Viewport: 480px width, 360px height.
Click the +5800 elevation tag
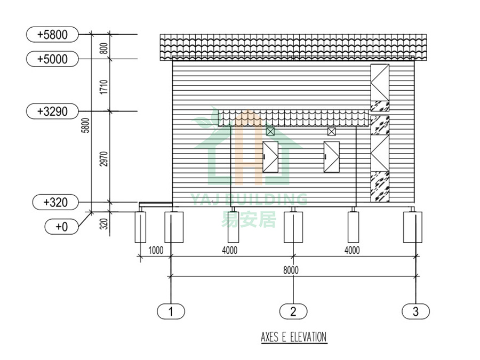(52, 34)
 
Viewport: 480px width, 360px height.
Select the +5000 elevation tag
(52, 59)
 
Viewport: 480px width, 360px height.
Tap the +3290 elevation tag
(52, 111)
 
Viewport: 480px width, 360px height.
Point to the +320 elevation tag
(55, 202)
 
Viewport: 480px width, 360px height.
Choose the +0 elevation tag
(61, 227)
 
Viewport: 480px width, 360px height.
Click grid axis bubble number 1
(171, 311)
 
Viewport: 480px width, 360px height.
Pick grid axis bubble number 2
(293, 311)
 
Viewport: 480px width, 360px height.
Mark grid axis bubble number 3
(415, 311)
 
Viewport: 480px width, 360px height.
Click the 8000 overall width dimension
(291, 270)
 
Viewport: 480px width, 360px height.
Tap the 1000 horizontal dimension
(156, 251)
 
